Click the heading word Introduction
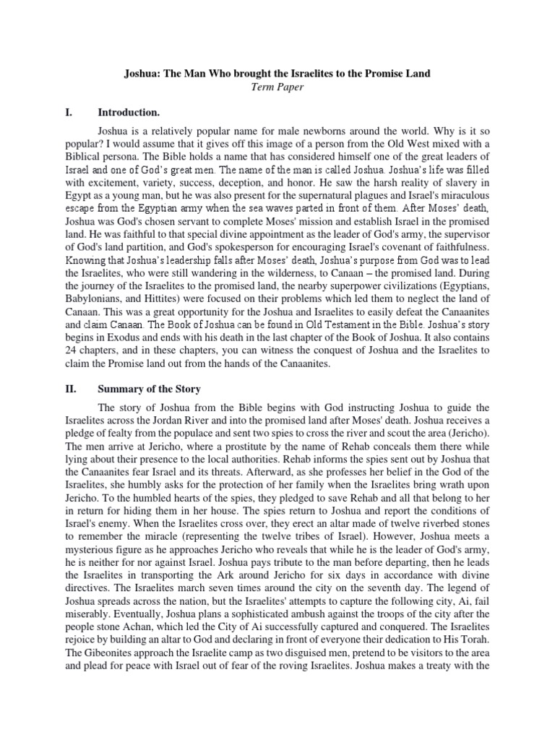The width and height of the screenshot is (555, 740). pos(129,113)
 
